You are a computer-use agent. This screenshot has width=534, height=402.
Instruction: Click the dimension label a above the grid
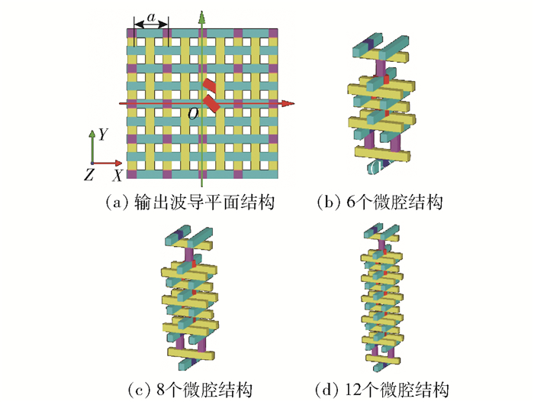coord(151,15)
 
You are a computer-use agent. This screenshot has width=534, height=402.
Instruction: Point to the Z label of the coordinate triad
coord(89,175)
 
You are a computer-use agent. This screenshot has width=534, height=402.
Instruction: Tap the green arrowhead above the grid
coord(201,16)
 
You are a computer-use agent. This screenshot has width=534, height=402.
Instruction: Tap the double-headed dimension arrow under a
coord(151,25)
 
